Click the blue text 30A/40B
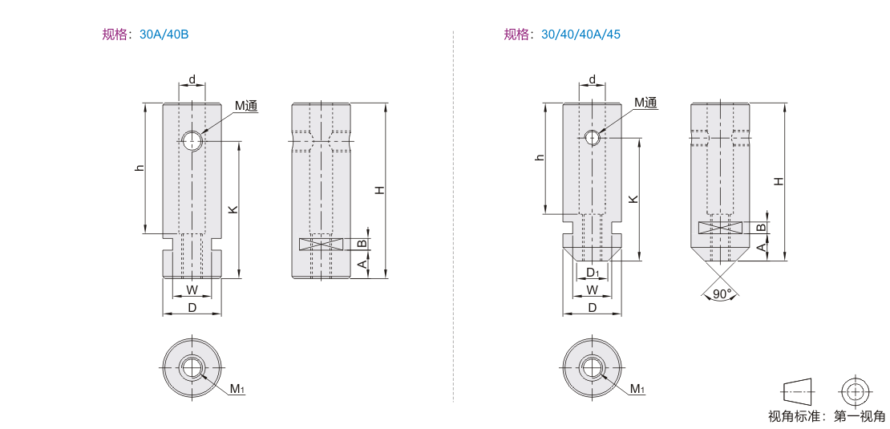coord(164,34)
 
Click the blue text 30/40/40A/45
coord(581,34)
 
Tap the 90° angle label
coord(722,294)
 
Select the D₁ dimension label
coord(593,273)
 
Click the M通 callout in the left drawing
coord(247,105)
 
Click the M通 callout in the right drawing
coord(645,103)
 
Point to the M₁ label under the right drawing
coord(637,389)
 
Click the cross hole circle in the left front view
coord(193,140)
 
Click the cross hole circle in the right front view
coord(593,137)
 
